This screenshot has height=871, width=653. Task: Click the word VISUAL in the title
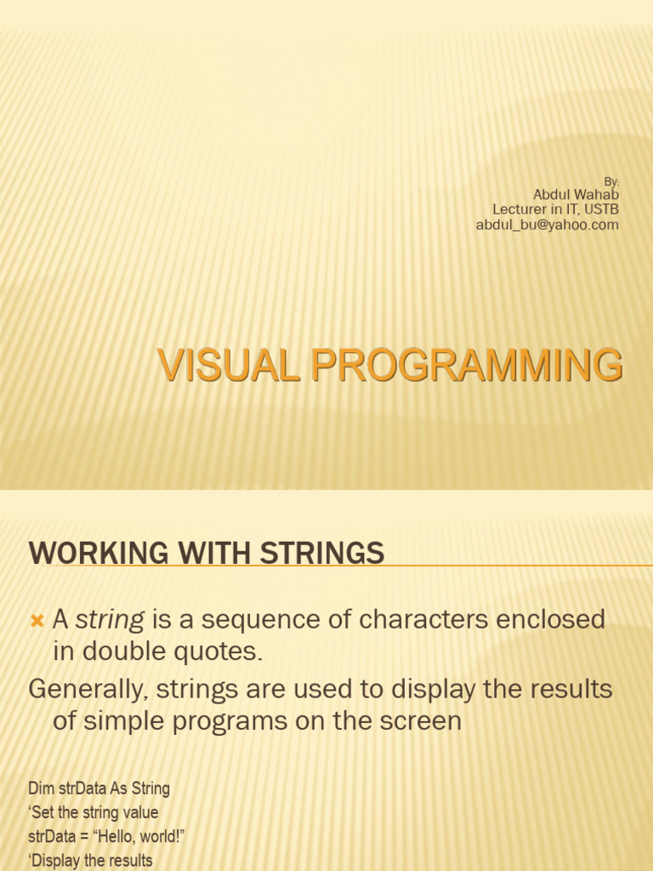click(x=229, y=365)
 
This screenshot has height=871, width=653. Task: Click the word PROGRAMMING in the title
click(x=467, y=365)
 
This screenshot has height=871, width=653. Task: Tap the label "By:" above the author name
click(x=611, y=182)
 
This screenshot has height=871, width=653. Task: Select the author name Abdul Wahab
click(x=576, y=195)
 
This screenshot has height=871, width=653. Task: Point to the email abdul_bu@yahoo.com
click(x=548, y=225)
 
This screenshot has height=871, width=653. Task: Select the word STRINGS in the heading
click(x=322, y=553)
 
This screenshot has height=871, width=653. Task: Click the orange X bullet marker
click(x=37, y=620)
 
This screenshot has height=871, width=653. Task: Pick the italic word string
click(x=110, y=620)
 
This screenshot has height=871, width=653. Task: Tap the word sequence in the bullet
click(x=260, y=620)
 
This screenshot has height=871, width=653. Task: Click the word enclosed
click(x=550, y=619)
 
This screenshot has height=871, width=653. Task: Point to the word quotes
click(x=219, y=651)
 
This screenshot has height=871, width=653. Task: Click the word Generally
click(x=88, y=689)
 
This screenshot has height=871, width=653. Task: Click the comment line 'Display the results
click(x=90, y=861)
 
